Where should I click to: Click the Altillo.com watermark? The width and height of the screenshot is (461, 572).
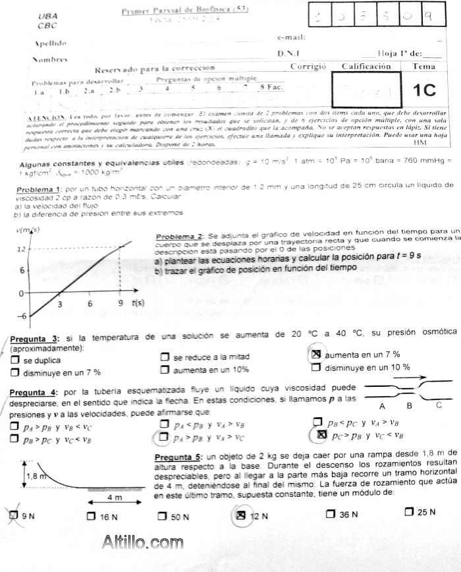(143, 542)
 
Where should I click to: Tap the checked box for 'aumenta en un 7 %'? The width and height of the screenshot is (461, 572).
(315, 354)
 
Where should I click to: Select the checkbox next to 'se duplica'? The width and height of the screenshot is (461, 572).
(14, 360)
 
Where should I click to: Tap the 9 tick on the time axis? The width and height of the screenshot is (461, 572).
(119, 304)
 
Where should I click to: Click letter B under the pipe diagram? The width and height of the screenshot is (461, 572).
(409, 406)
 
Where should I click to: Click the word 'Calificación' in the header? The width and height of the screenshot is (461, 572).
(366, 67)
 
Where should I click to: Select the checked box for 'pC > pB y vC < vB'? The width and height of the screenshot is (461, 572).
(321, 435)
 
